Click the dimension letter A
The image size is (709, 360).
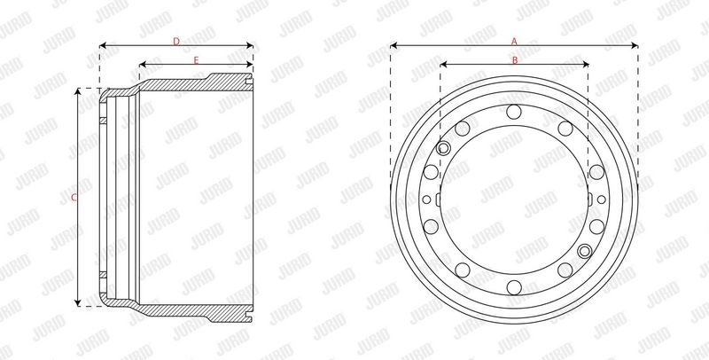514,41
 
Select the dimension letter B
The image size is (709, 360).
515,60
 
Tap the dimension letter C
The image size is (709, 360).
74,197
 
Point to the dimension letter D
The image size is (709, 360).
176,42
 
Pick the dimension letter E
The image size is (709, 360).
196,60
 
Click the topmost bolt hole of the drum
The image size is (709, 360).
514,111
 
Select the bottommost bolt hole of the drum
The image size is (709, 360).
514,287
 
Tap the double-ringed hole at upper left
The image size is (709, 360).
444,148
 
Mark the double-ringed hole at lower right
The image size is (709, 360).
585,251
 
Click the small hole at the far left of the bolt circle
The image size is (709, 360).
426,200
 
